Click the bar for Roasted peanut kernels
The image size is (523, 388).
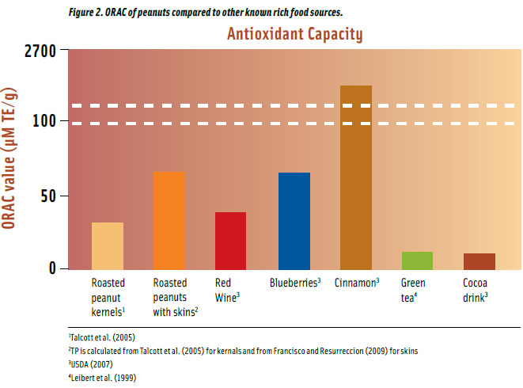click(108, 245)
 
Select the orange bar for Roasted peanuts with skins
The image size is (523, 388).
click(169, 220)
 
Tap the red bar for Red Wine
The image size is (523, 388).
click(230, 240)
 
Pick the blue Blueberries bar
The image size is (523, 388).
click(294, 220)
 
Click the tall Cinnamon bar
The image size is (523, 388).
click(355, 177)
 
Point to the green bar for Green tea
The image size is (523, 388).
click(417, 261)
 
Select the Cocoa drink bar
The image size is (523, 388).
click(479, 261)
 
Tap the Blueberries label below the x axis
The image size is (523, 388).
click(294, 283)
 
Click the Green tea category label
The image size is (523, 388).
click(414, 290)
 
